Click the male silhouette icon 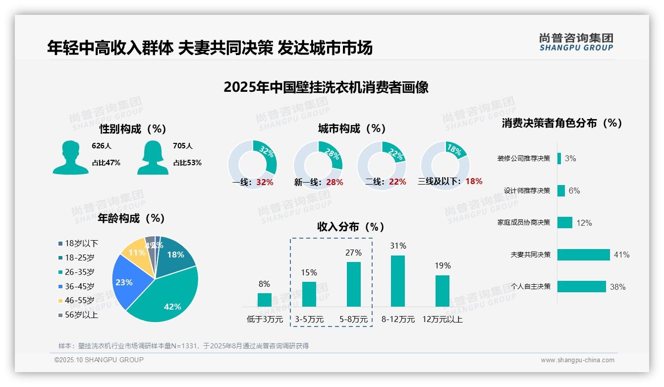pyautogui.click(x=70, y=158)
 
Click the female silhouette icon pyautogui.click(x=153, y=158)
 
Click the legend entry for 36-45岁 pyautogui.click(x=79, y=286)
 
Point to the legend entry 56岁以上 pyautogui.click(x=81, y=315)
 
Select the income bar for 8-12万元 pyautogui.click(x=398, y=281)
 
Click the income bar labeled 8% pyautogui.click(x=264, y=300)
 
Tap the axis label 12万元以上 pyautogui.click(x=443, y=320)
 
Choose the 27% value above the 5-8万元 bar pyautogui.click(x=353, y=253)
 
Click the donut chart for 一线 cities pyautogui.click(x=252, y=164)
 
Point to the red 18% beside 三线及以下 pyautogui.click(x=474, y=181)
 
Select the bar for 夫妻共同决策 pyautogui.click(x=583, y=255)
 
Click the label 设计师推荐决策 pyautogui.click(x=527, y=191)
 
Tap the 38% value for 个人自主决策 pyautogui.click(x=618, y=287)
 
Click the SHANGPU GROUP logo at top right pyautogui.click(x=576, y=42)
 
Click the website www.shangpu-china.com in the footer pyautogui.click(x=577, y=360)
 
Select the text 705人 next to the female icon pyautogui.click(x=183, y=146)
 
